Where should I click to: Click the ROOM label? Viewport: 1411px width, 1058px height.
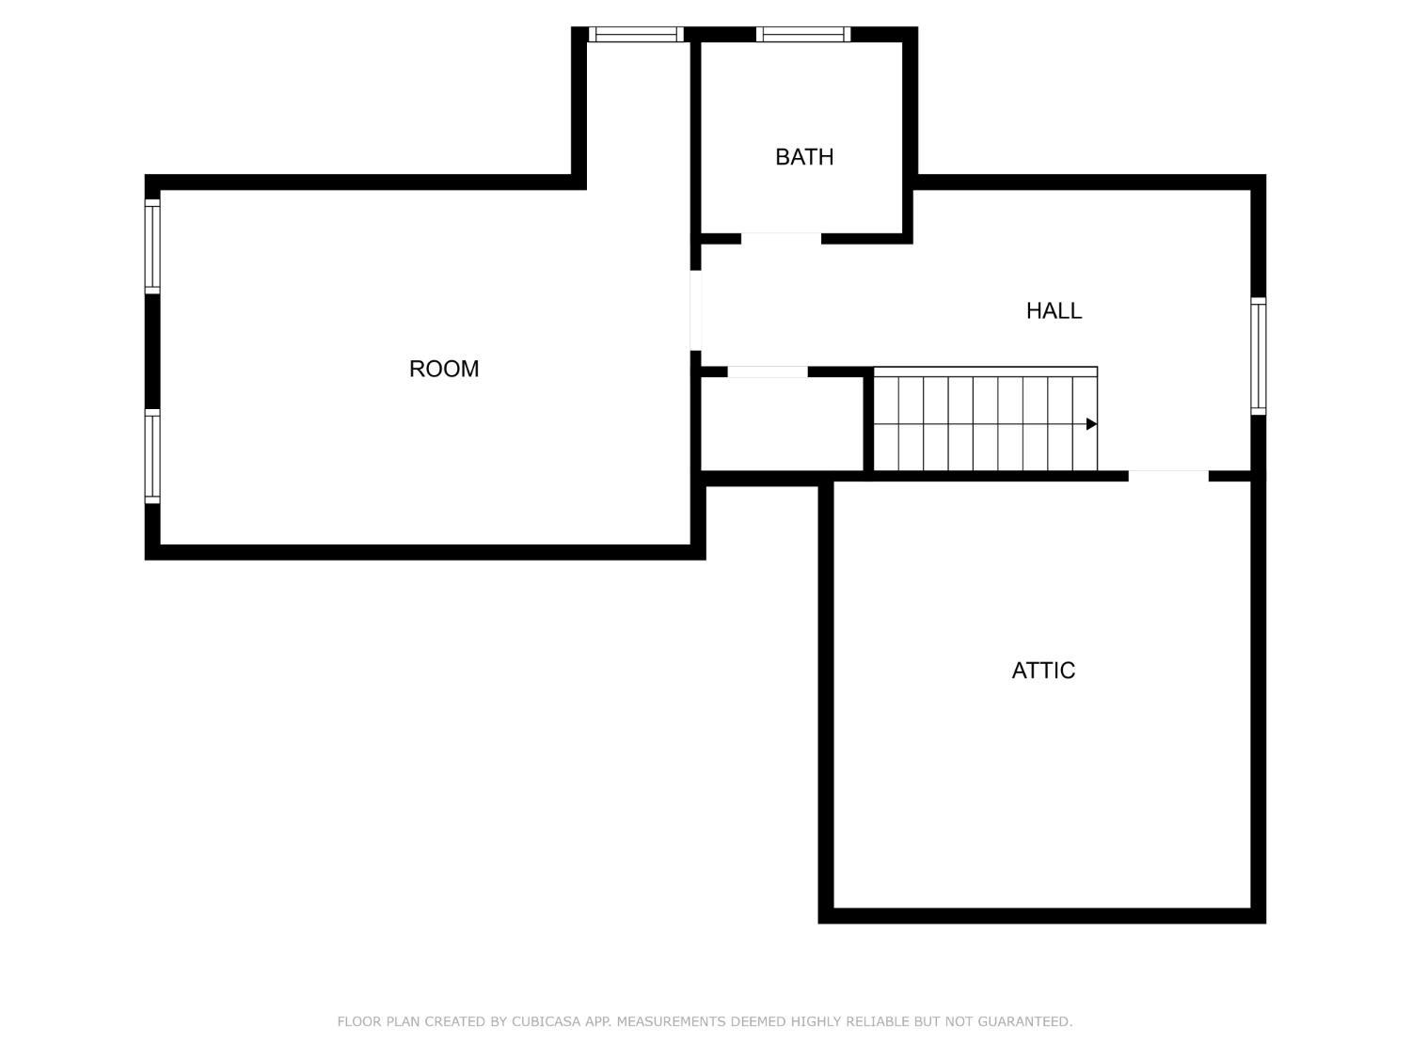[x=444, y=369]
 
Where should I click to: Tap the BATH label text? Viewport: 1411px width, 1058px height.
[x=804, y=157]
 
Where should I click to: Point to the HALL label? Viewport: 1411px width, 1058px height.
[x=1054, y=310]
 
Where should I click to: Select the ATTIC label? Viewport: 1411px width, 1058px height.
[x=1043, y=671]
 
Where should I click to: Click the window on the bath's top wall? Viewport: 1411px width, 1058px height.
[x=802, y=35]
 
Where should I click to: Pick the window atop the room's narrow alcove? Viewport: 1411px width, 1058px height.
[x=636, y=35]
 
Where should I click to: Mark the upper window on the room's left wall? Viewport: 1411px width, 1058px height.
[x=152, y=246]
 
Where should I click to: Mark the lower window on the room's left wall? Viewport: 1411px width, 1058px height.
[x=152, y=456]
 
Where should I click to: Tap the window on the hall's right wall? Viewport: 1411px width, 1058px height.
[x=1258, y=355]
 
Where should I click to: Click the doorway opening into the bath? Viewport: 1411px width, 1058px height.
[x=781, y=238]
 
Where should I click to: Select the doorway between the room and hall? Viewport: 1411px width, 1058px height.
[x=696, y=310]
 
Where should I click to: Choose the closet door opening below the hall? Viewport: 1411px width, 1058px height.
[x=768, y=372]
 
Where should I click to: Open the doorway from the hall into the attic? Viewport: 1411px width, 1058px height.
[x=1168, y=476]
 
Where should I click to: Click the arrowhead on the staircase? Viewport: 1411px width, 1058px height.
[x=1091, y=424]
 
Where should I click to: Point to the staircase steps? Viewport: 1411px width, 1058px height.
[x=983, y=423]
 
